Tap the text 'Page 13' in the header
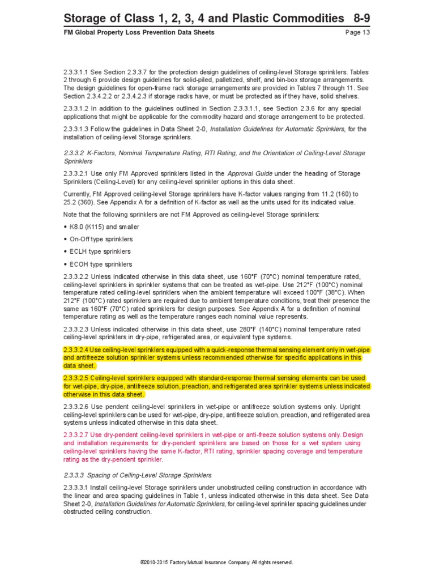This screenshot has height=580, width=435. pos(357,32)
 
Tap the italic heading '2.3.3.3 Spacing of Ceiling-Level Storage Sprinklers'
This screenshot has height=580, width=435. pos(138,475)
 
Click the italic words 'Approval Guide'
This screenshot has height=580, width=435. pos(247,173)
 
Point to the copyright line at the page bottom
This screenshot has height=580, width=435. pos(217,562)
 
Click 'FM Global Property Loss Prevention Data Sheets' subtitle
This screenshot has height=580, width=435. pos(139,32)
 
